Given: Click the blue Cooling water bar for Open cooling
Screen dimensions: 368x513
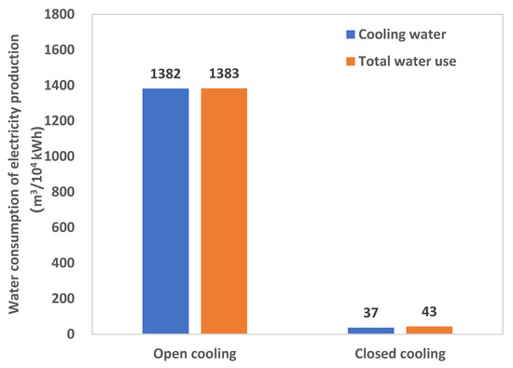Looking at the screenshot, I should point(165,211).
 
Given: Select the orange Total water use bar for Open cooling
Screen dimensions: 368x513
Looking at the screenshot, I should point(224,211).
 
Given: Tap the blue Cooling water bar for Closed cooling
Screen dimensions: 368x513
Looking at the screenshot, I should point(371,330).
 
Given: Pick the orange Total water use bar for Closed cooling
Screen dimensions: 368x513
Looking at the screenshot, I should point(429,329).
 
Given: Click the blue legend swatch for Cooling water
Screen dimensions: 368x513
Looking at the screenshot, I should point(350,35).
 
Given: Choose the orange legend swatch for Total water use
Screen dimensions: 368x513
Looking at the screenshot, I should point(350,62).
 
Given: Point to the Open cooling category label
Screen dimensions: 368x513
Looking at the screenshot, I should point(195,353).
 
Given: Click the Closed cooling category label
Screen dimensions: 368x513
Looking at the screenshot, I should point(400,353).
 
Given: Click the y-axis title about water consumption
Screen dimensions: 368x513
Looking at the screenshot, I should point(21,174).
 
